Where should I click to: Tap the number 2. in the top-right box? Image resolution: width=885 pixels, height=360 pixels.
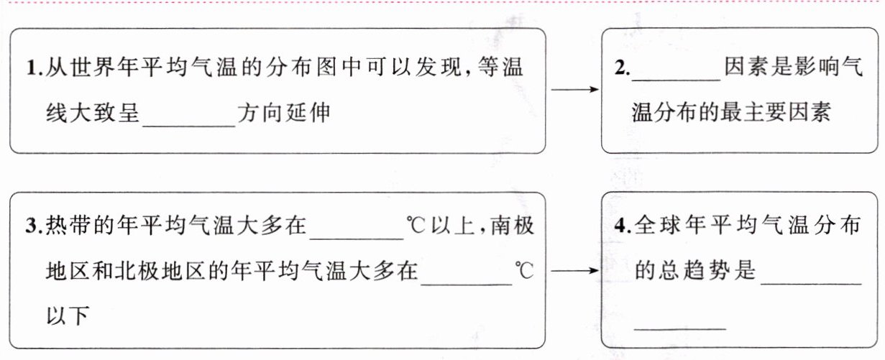click(x=622, y=69)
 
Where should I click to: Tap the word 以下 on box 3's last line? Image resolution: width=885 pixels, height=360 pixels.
click(x=68, y=316)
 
